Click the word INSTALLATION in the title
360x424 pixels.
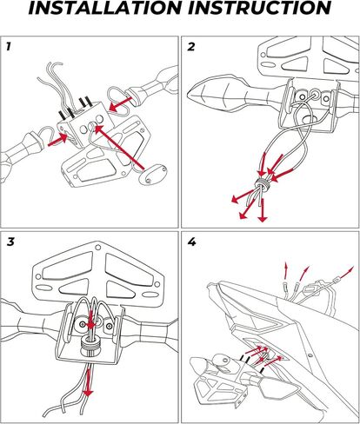105,8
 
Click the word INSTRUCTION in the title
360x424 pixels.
260,8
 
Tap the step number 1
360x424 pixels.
9,46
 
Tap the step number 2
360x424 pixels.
191,47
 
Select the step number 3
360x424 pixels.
10,242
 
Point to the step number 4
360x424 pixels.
191,242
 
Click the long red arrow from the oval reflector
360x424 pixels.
119,147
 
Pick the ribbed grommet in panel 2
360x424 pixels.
263,183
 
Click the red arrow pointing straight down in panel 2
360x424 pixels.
263,210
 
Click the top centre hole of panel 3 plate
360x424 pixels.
98,247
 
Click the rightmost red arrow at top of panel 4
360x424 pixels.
345,274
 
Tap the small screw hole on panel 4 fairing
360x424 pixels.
310,354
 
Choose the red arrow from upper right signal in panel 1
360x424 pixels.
121,105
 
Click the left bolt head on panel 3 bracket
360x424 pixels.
83,323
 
